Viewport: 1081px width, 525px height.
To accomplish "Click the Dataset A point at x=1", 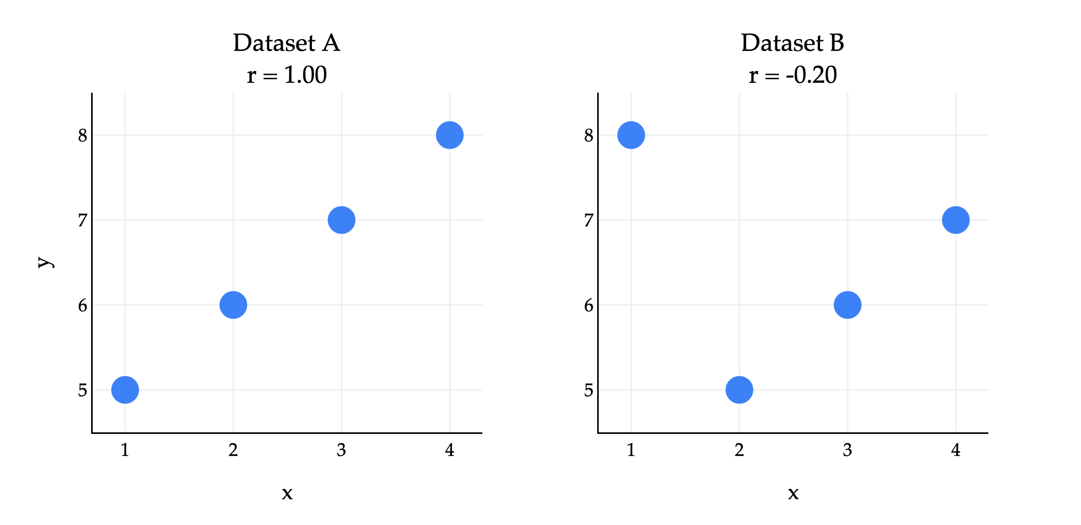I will click(x=125, y=390).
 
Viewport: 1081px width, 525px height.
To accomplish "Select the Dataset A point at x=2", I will click(x=233, y=305).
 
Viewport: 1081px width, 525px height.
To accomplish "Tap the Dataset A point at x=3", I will click(x=341, y=220).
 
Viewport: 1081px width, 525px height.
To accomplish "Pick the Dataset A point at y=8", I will click(x=449, y=135).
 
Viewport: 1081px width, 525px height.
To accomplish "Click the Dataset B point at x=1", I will click(x=631, y=135).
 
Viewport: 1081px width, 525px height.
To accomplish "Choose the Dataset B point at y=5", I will click(x=739, y=390).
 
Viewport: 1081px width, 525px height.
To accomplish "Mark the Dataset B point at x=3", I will click(x=847, y=305).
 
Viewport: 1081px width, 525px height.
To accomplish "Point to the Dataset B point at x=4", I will click(x=955, y=220).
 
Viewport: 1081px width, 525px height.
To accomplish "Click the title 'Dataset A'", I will click(x=287, y=43).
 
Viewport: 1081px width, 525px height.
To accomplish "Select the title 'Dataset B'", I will click(x=793, y=43).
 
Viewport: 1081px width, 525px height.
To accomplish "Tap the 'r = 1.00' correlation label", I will click(x=287, y=75).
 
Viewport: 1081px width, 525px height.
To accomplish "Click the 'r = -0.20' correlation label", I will click(x=793, y=75).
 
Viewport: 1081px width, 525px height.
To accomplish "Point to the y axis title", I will click(x=45, y=261).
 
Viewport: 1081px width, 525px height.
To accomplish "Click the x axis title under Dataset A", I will click(x=287, y=494).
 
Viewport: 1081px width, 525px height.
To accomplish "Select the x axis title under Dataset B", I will click(x=793, y=494).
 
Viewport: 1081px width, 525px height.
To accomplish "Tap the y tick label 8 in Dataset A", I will click(x=83, y=136).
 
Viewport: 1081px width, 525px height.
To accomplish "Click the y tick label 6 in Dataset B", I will click(x=589, y=306).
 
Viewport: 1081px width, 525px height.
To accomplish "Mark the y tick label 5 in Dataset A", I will click(x=83, y=391).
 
